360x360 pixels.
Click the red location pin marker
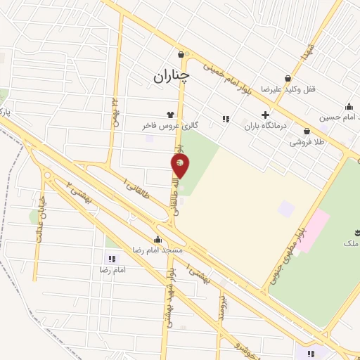[181, 166]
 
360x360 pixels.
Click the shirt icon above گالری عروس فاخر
[169, 113]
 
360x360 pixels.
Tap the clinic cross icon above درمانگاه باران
[265, 115]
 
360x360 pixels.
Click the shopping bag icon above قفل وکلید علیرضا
[287, 79]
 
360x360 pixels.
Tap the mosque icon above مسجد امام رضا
[157, 239]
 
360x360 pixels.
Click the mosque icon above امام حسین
[349, 106]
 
